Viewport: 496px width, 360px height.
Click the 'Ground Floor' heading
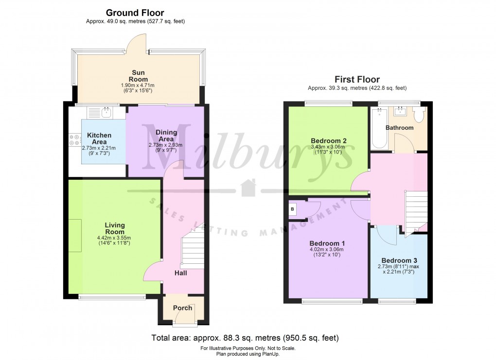click(x=135, y=13)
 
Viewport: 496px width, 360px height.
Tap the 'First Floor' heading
click(x=357, y=79)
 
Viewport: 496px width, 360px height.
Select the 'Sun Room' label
click(x=138, y=76)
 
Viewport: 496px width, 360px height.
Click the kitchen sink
click(x=106, y=112)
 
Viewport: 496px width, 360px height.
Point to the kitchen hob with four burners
click(x=75, y=140)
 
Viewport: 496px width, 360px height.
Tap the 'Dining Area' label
click(x=166, y=136)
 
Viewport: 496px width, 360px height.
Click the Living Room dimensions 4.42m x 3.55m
click(x=114, y=238)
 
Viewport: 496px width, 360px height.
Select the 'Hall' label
click(x=180, y=273)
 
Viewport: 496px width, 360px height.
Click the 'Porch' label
click(x=182, y=308)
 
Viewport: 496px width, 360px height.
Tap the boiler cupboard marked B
click(x=292, y=209)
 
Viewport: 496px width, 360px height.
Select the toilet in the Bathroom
click(x=420, y=115)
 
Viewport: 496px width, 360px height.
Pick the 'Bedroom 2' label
click(x=329, y=141)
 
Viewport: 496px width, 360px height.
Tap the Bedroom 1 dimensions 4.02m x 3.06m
click(x=327, y=249)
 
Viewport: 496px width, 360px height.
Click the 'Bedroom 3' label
click(x=399, y=260)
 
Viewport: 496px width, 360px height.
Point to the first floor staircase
click(x=416, y=212)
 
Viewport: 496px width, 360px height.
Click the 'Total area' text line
click(x=245, y=338)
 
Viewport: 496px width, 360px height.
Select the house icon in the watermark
click(x=248, y=188)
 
